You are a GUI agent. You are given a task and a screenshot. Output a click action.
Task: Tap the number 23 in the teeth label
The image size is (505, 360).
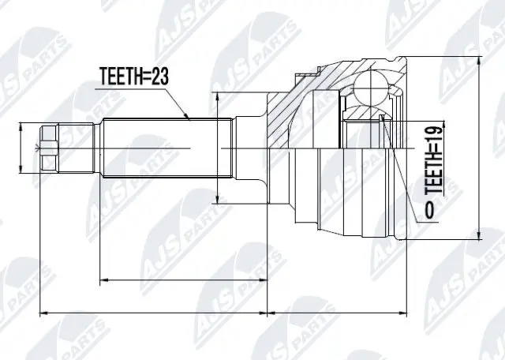[162, 77]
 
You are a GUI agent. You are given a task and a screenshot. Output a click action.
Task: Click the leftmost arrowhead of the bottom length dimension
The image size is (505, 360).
[43, 313]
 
